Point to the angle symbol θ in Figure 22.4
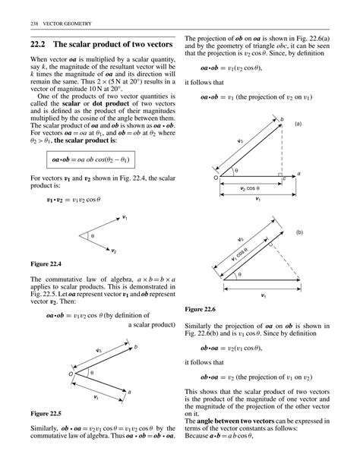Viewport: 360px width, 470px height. click(93, 236)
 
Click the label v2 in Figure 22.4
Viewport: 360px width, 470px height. click(113, 249)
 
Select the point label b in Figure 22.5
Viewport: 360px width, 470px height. click(136, 346)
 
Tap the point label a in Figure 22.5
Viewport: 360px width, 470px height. click(129, 391)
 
